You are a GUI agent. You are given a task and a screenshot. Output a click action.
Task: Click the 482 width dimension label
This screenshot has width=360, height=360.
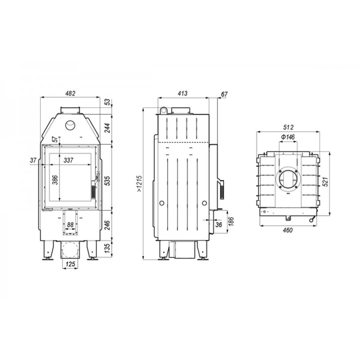[x=70, y=93]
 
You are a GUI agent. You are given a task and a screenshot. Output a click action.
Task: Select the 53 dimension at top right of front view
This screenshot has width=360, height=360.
[x=107, y=102]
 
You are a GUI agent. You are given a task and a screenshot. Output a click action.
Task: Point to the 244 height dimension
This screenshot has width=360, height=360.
[x=107, y=127]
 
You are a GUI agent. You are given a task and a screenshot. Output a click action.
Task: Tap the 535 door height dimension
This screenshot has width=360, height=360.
[x=107, y=178]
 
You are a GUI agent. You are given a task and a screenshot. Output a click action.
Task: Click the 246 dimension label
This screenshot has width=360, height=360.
[x=107, y=225]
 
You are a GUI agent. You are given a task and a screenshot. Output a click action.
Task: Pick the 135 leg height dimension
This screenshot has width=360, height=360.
[x=107, y=251]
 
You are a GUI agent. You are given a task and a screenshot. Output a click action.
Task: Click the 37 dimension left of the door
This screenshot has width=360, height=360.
[x=33, y=159]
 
